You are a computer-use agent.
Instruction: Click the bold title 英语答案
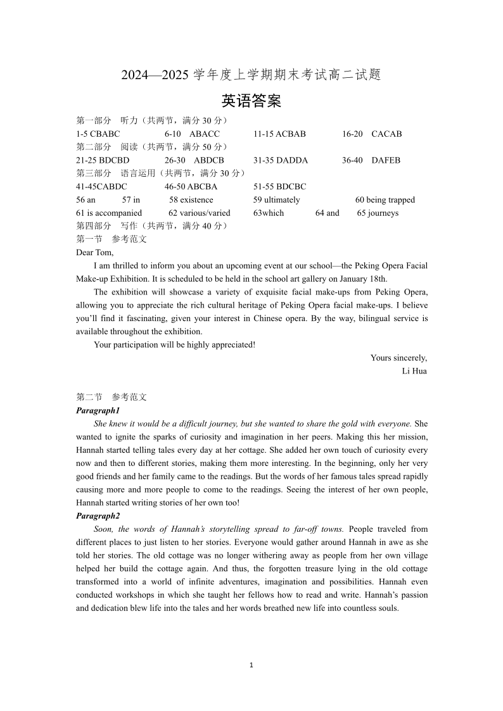click(x=251, y=101)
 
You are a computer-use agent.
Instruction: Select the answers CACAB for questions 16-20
click(x=386, y=134)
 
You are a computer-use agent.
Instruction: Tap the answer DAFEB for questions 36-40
click(x=386, y=161)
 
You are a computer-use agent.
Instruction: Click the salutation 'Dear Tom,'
click(x=95, y=253)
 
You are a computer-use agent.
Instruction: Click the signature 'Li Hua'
click(x=414, y=371)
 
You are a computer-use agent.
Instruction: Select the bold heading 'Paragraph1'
click(x=98, y=411)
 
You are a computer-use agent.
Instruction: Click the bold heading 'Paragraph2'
click(x=98, y=516)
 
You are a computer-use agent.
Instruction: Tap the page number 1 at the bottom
click(x=251, y=665)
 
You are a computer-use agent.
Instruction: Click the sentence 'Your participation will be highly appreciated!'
click(x=174, y=345)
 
